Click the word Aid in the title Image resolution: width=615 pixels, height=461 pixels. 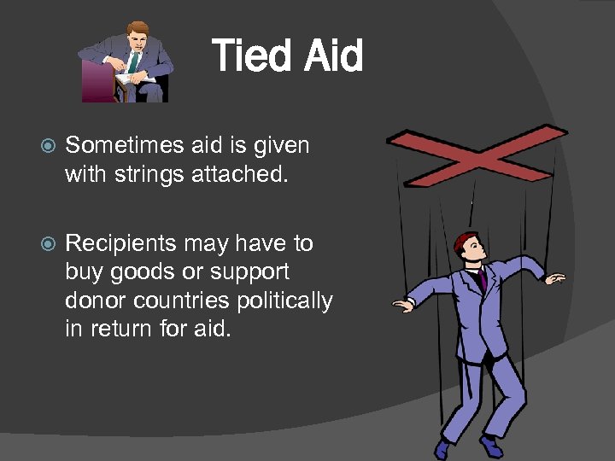tap(332, 56)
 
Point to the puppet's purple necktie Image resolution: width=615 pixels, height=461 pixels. tap(483, 278)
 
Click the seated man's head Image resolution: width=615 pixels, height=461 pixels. tap(138, 35)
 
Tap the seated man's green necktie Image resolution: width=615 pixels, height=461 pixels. tap(134, 61)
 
